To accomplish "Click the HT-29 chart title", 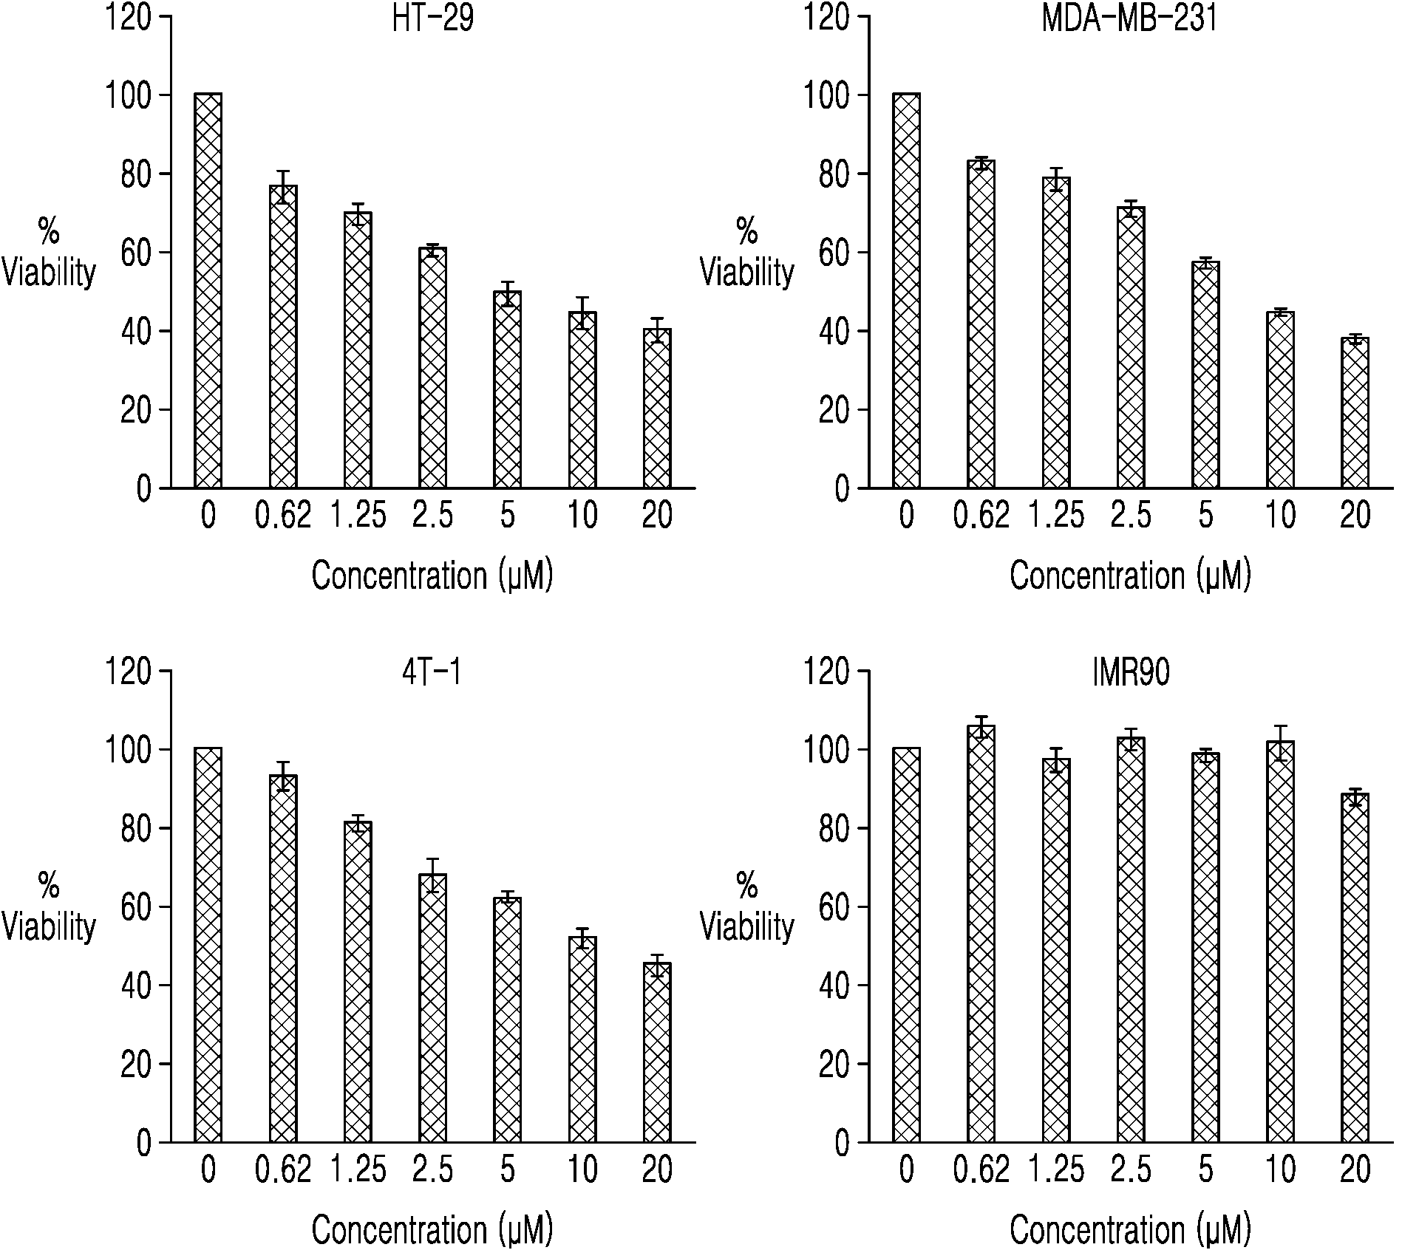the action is (432, 18).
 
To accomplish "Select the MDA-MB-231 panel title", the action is (1129, 18).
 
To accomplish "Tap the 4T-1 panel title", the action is (432, 672).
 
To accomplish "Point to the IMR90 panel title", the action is (1131, 672).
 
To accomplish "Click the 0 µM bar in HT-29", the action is (208, 291).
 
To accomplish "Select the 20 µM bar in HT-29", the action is (657, 409).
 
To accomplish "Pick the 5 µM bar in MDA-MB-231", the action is (1205, 375).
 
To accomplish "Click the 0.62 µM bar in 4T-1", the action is (283, 958).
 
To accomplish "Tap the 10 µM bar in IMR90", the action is (1280, 942).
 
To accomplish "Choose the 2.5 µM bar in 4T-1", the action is (432, 1008).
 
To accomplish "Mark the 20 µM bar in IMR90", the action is (1355, 969).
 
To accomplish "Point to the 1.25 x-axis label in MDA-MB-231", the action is (1055, 516).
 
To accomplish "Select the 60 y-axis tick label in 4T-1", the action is (136, 907).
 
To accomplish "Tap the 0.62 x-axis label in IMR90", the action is (981, 1169).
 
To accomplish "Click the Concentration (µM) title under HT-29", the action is (432, 576).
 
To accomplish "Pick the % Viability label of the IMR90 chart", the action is (746, 906).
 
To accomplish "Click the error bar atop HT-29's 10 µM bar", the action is (582, 312).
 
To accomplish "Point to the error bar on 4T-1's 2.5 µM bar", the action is (432, 875).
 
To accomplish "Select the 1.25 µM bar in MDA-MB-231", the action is (1056, 332).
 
